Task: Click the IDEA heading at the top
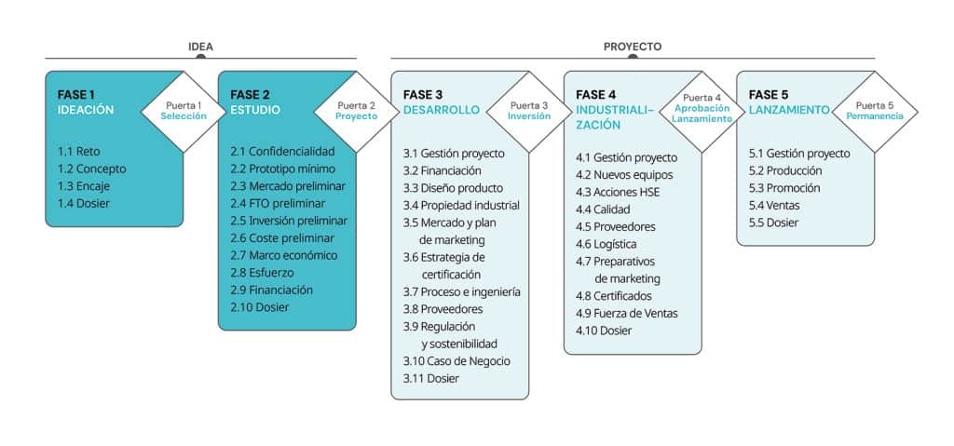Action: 200,46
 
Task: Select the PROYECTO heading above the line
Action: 633,46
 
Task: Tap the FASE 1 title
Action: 76,94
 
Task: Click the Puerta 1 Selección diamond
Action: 183,111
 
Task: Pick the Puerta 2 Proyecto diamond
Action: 356,111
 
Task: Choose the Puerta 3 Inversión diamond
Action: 528,111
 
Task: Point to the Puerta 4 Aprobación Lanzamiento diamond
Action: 702,112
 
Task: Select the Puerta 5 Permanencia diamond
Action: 874,111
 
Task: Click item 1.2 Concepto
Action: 91,169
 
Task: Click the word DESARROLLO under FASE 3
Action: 442,110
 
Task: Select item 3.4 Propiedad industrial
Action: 461,205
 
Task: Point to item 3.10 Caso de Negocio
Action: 457,360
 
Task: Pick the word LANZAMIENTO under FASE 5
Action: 788,110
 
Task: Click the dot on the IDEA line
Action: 200,59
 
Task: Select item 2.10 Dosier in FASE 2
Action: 260,307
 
